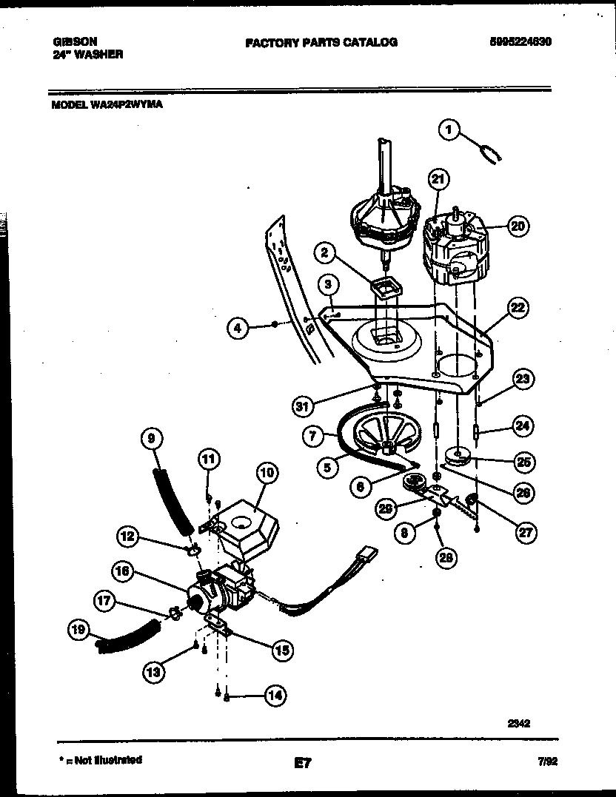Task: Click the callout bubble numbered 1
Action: (449, 130)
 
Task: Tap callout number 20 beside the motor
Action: (518, 227)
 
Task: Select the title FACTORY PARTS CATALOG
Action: (321, 43)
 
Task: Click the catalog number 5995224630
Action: (520, 42)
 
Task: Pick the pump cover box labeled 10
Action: (248, 519)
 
